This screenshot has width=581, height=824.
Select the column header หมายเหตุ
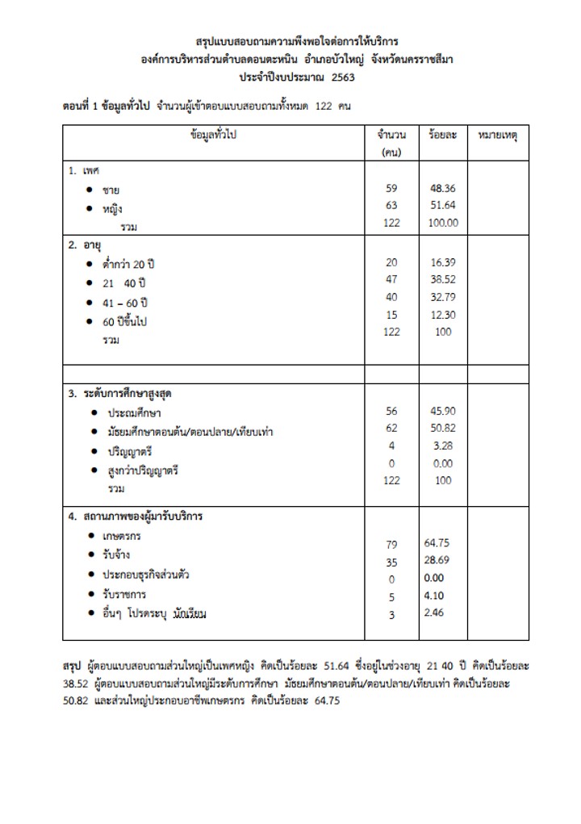(x=498, y=135)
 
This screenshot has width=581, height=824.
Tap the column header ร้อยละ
(x=443, y=135)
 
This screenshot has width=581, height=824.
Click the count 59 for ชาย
(x=392, y=188)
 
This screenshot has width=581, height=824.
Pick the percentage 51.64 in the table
(x=443, y=205)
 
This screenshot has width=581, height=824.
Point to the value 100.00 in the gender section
(x=443, y=223)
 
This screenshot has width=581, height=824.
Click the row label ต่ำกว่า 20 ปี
(x=129, y=264)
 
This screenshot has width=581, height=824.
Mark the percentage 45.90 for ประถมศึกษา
(x=443, y=411)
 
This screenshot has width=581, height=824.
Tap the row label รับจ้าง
(x=116, y=555)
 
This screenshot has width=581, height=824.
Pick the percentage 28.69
(x=440, y=559)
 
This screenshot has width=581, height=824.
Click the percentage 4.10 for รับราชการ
(x=437, y=596)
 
